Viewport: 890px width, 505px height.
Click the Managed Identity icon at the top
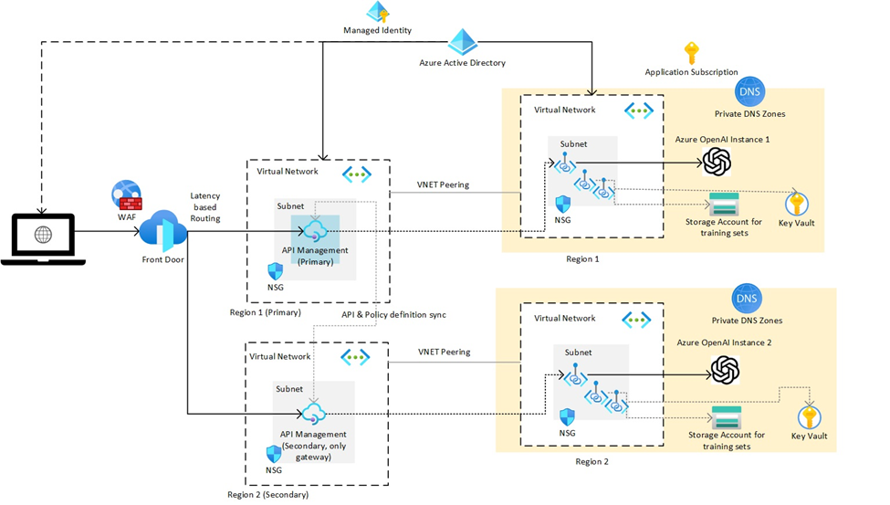[x=378, y=13]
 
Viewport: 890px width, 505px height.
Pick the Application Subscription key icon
[x=691, y=53]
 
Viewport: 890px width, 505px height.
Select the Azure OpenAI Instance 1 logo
[x=717, y=163]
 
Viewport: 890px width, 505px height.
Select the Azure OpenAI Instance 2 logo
[x=725, y=369]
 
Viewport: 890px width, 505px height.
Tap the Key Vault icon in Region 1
[x=796, y=202]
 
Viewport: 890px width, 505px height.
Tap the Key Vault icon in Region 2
[x=809, y=416]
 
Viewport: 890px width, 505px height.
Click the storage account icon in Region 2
[x=726, y=416]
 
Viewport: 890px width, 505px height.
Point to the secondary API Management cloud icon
[x=313, y=413]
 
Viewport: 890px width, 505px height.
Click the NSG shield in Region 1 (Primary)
[x=274, y=271]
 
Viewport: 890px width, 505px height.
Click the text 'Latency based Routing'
[x=204, y=208]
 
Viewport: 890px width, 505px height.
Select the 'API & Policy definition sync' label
[x=393, y=314]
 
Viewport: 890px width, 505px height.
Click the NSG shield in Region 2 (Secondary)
[x=273, y=454]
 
